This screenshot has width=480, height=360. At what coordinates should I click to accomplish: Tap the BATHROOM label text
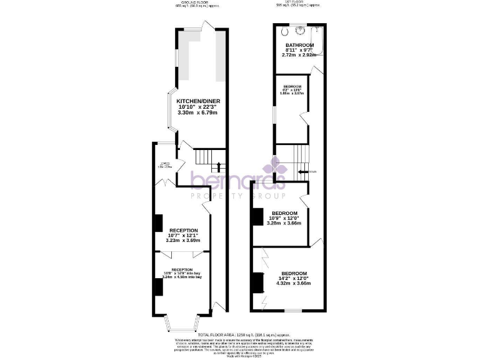tap(299, 46)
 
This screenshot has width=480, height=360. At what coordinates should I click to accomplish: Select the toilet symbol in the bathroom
tap(285, 31)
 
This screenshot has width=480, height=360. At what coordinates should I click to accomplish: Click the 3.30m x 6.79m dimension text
tap(198, 113)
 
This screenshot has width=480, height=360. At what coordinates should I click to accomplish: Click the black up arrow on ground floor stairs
tap(217, 167)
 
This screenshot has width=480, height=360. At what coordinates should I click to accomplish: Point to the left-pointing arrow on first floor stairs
tap(302, 171)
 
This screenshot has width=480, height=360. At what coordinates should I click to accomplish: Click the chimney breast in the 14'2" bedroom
tap(256, 282)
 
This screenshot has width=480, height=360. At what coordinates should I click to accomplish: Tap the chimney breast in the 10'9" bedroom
tap(256, 216)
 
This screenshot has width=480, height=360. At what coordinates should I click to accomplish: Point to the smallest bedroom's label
tap(292, 86)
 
